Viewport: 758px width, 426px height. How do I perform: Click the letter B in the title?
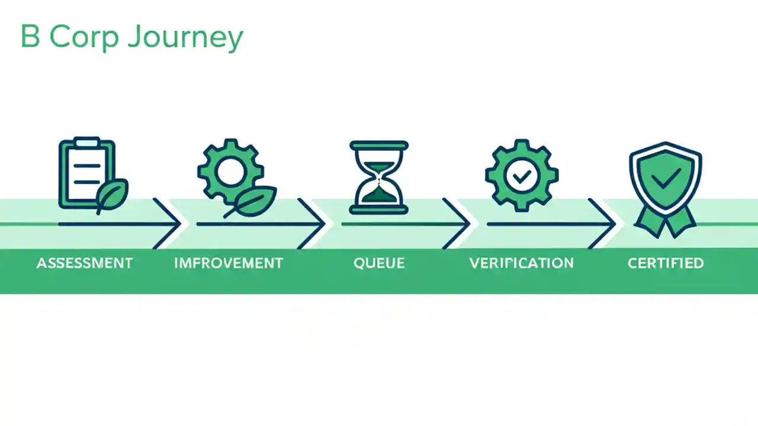click(x=29, y=37)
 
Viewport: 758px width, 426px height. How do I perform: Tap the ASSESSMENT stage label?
click(x=84, y=263)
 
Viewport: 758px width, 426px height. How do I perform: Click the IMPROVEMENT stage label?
click(x=229, y=263)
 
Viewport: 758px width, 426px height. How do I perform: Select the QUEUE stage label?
click(x=379, y=263)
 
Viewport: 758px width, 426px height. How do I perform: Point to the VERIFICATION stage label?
click(x=521, y=263)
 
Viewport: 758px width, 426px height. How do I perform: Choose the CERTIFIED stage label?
click(x=666, y=263)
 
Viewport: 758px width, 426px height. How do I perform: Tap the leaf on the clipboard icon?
click(x=113, y=195)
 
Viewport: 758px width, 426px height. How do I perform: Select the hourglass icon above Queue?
click(x=379, y=176)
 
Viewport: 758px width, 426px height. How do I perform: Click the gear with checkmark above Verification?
click(x=521, y=175)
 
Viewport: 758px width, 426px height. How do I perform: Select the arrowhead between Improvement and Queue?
click(x=314, y=224)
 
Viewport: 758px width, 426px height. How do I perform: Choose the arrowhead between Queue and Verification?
click(x=460, y=224)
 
